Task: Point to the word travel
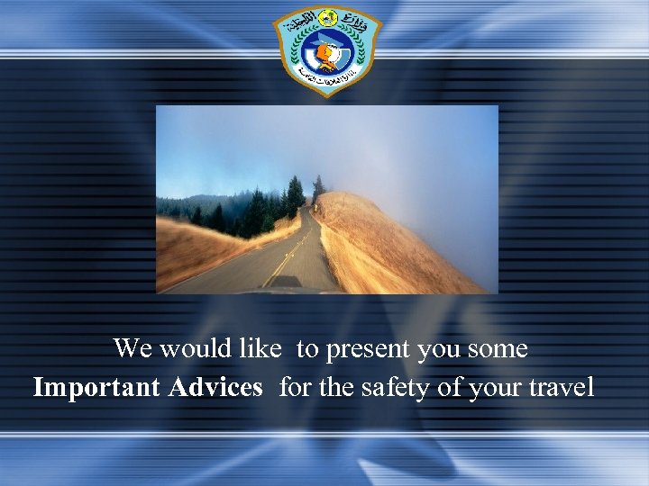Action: pos(563,388)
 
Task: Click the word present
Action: pos(370,348)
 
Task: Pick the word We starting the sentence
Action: pos(132,347)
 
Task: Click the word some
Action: pos(498,348)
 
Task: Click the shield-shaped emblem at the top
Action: pos(327,49)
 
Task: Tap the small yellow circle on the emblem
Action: pos(328,18)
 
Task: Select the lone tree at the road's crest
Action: pos(317,188)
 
